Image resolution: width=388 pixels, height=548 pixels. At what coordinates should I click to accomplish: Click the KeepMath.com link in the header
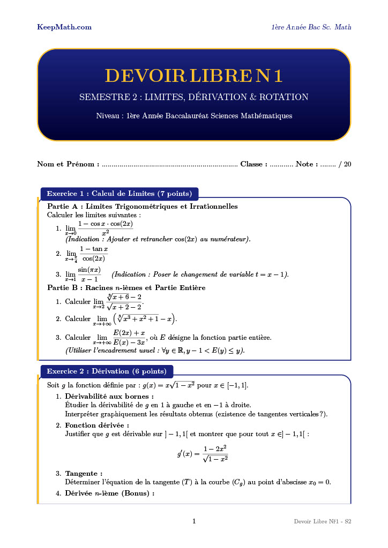tap(64, 27)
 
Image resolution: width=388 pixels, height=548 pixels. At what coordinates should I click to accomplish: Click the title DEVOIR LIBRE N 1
tap(193, 76)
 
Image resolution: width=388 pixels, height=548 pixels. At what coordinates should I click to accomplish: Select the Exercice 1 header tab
tap(120, 194)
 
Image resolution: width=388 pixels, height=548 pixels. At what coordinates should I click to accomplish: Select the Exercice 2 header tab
tap(107, 371)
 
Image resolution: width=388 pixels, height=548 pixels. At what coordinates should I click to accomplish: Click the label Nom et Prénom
tap(68, 164)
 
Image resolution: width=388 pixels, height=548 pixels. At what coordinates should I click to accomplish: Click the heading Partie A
tap(143, 206)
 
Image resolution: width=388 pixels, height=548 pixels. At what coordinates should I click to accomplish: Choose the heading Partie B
tap(126, 288)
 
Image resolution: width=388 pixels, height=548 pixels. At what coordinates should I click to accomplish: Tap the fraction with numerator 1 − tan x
tap(94, 254)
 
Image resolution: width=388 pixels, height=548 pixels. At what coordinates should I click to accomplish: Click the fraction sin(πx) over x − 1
tap(89, 275)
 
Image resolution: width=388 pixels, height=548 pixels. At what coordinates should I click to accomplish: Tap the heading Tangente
tap(84, 474)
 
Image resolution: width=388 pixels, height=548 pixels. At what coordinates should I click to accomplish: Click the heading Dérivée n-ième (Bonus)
tap(109, 493)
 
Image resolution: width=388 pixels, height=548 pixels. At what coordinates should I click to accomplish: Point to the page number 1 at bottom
tap(194, 521)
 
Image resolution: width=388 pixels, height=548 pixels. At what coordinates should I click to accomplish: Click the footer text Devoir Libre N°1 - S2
tap(322, 521)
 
